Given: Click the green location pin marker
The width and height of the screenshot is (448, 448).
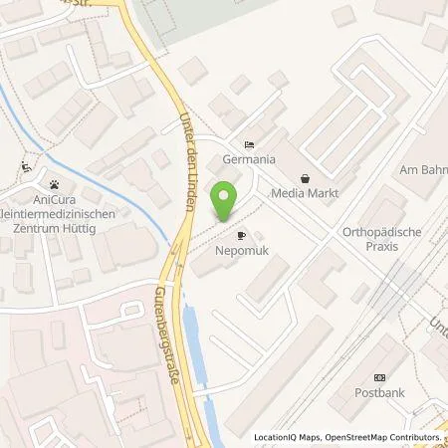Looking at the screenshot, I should coord(227,202).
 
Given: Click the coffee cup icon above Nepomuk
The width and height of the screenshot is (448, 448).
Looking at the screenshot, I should coord(242,236).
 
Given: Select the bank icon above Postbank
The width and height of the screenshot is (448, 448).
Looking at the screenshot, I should coord(378,377).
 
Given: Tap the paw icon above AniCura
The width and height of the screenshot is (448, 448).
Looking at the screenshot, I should coord(55,183).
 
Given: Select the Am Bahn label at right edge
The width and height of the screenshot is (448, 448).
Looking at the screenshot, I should coord(423,170).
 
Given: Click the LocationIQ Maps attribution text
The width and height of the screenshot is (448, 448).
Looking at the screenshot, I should coord(285,437).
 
